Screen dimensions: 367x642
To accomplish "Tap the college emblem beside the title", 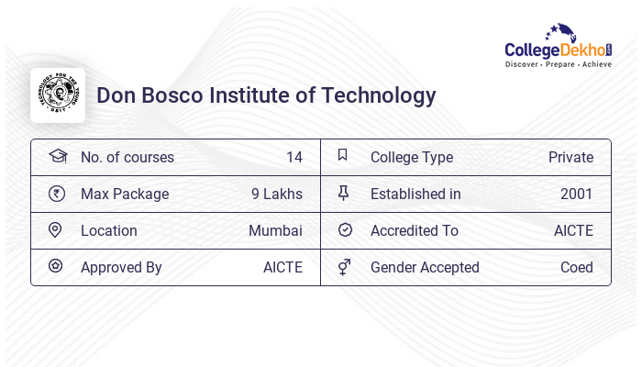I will (58, 95).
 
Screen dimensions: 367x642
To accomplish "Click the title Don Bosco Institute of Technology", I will (266, 95).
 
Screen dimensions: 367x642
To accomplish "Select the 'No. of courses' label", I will (127, 157).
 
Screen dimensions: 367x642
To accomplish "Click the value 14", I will (293, 157).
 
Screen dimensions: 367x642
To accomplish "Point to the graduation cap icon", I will (57, 156).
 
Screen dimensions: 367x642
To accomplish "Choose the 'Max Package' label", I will (125, 194).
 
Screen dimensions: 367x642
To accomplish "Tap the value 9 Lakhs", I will (276, 194).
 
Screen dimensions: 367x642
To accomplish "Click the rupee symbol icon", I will (57, 194).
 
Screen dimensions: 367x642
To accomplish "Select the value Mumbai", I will (275, 230).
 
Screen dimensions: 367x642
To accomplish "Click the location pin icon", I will (56, 230).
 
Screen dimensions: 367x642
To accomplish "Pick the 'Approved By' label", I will (121, 267).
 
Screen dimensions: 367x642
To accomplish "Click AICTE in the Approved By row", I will (282, 267).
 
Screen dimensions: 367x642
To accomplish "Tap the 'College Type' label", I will (412, 157).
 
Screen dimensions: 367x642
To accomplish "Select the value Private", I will (570, 157).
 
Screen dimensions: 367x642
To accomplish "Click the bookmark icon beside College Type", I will (343, 156).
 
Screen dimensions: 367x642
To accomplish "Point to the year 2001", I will (577, 194).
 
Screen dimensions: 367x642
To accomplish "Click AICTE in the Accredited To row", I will (573, 230).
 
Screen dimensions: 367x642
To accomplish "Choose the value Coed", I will (577, 267).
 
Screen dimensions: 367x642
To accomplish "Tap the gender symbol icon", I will (344, 267).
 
